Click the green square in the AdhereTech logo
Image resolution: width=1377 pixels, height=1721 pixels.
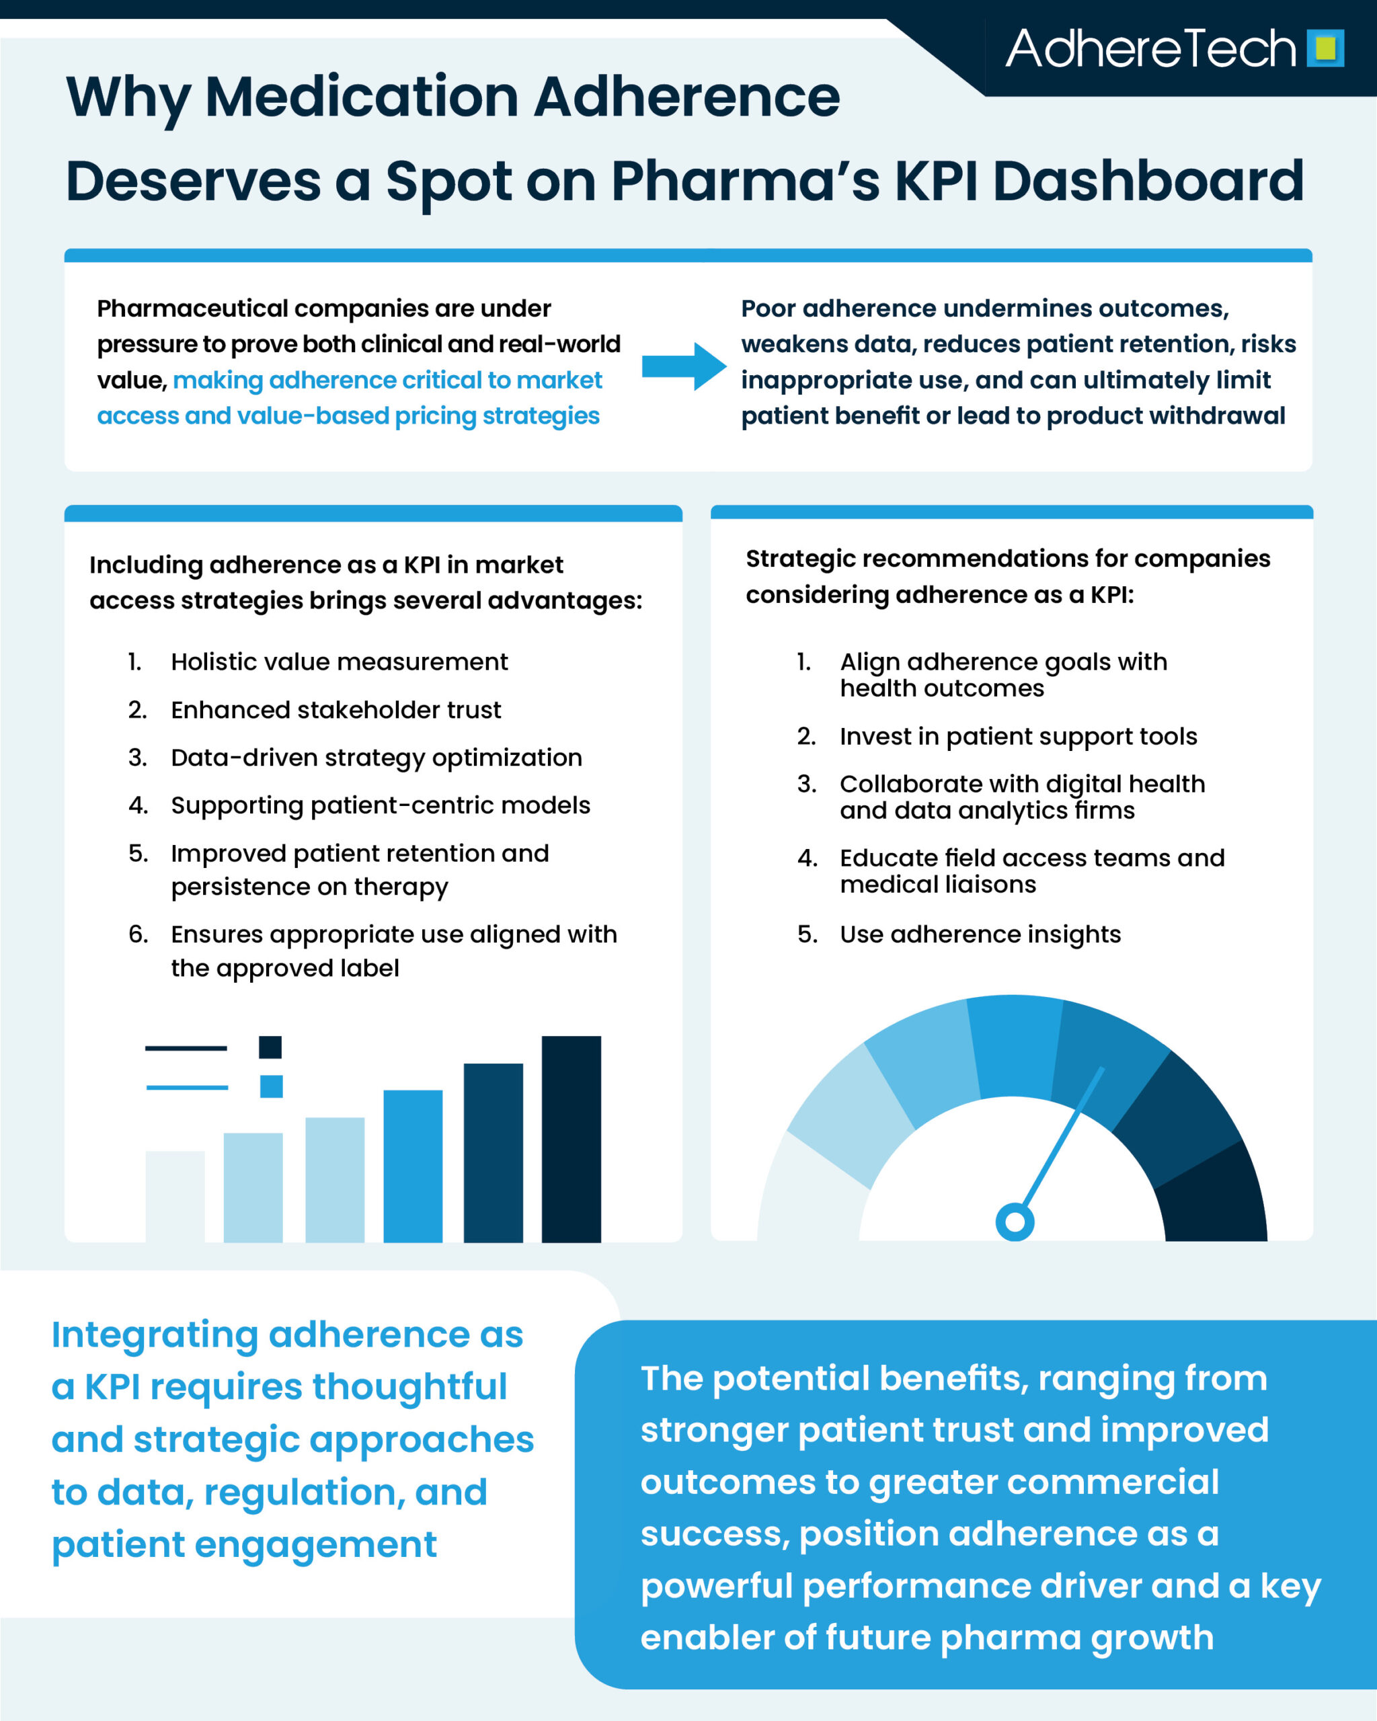pyautogui.click(x=1325, y=48)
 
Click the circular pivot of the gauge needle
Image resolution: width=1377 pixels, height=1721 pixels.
pyautogui.click(x=1015, y=1222)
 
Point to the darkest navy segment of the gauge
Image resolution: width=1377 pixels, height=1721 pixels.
pyautogui.click(x=1218, y=1197)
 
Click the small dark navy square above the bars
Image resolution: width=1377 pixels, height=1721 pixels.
pyautogui.click(x=270, y=1047)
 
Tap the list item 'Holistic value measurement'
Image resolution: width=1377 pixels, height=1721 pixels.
pyautogui.click(x=340, y=662)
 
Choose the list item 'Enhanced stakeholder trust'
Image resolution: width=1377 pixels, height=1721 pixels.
pyautogui.click(x=336, y=710)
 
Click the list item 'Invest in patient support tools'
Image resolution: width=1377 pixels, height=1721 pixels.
pyautogui.click(x=1018, y=736)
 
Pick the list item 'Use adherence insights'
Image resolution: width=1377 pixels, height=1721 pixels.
pyautogui.click(x=980, y=934)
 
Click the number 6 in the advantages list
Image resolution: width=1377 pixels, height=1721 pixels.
pyautogui.click(x=138, y=934)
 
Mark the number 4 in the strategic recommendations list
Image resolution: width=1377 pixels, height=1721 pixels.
pyautogui.click(x=807, y=858)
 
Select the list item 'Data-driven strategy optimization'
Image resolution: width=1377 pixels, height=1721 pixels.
pyautogui.click(x=376, y=758)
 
